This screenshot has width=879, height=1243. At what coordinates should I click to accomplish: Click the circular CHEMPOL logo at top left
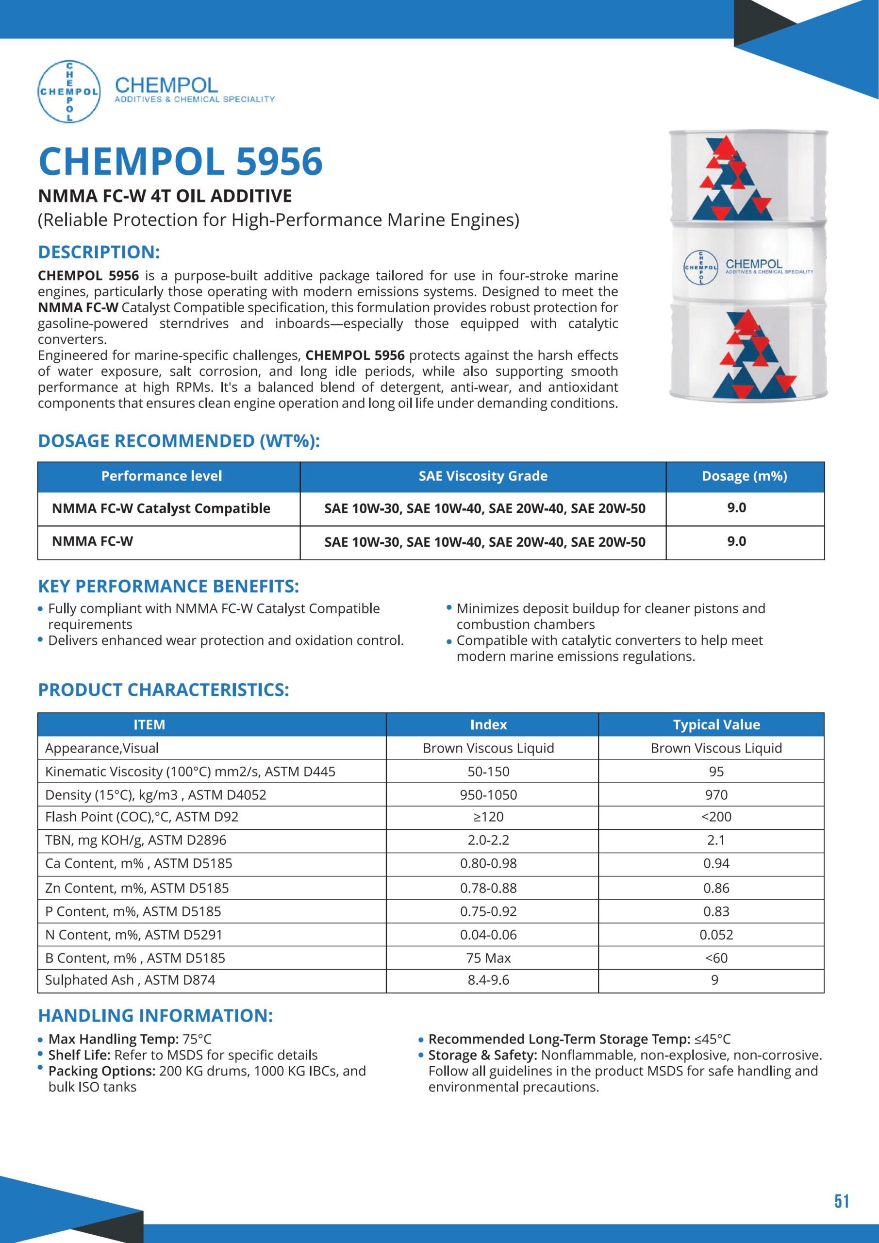(x=69, y=91)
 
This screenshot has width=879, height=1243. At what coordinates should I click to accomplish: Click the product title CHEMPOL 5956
(x=181, y=161)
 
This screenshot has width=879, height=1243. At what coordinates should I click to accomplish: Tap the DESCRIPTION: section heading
(x=99, y=252)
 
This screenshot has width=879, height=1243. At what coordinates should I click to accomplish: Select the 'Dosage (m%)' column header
(x=744, y=476)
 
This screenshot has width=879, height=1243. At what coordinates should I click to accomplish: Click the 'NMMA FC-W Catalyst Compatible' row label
(x=161, y=508)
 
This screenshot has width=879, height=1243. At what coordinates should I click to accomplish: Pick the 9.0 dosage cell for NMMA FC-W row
(x=736, y=541)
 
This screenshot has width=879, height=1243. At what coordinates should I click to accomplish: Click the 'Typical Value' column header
(x=716, y=724)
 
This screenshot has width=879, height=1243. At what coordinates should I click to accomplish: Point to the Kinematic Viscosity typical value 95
(x=716, y=772)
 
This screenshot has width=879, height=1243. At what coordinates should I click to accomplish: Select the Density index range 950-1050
(x=488, y=795)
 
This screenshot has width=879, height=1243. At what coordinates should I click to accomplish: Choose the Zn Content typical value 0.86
(x=716, y=888)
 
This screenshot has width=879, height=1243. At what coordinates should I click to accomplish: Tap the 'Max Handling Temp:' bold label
(x=114, y=1039)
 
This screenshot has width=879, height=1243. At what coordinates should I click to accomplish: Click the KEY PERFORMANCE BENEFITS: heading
(x=168, y=587)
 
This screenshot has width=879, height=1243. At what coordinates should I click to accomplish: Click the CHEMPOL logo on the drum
(x=701, y=268)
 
